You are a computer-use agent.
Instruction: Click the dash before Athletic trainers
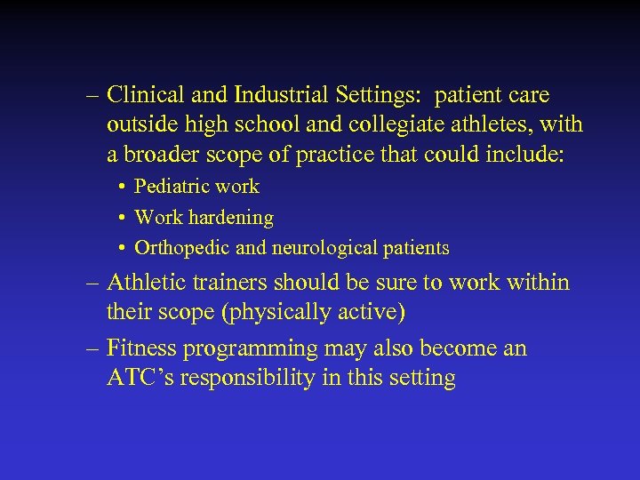coord(93,284)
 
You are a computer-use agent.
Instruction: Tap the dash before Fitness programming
coord(93,348)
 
